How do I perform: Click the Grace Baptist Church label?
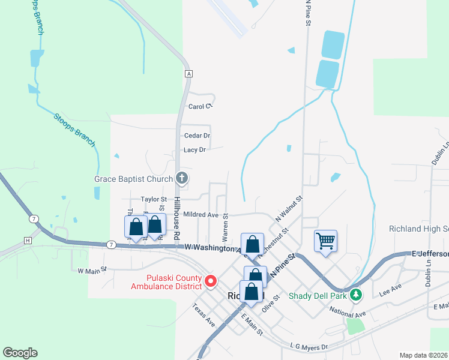133,178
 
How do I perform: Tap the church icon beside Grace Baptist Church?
182,178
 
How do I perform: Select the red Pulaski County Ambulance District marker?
210,280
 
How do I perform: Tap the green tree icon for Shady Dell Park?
357,295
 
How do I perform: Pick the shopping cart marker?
325,241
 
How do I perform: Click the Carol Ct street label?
200,107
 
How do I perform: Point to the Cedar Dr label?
197,136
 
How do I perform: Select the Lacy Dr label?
194,149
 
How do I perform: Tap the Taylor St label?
153,199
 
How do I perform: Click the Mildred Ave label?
201,214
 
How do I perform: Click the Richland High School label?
418,229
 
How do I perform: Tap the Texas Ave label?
203,314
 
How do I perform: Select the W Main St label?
92,270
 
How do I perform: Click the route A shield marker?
188,74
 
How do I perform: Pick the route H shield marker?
27,241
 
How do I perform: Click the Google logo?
20,353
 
